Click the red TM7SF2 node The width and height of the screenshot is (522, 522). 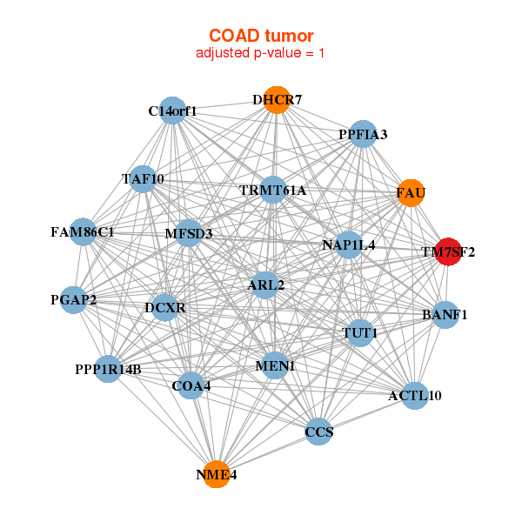coord(448,252)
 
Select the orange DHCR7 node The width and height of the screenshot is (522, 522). coord(277,100)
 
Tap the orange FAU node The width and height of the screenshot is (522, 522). coord(411,192)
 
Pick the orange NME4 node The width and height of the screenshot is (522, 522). coord(216,474)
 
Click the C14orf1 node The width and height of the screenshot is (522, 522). coord(173,111)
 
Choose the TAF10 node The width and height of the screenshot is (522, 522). coord(143,179)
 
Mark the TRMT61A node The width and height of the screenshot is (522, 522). coord(273,190)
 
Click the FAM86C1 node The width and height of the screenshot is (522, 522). coord(82,232)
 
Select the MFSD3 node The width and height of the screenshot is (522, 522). coord(188,233)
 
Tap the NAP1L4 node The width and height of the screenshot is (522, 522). coord(349,245)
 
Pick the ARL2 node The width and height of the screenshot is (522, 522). coord(265,284)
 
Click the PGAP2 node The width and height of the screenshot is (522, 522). coord(73,300)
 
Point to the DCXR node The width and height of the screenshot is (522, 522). coord(165,307)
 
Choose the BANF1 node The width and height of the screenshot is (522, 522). coord(445,314)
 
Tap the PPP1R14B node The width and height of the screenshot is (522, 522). coord(108,369)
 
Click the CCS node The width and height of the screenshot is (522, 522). coord(319,431)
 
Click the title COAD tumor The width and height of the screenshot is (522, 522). coord(261,36)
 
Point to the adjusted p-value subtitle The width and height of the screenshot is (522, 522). coord(261,53)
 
